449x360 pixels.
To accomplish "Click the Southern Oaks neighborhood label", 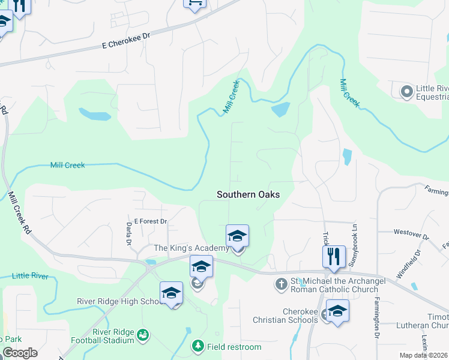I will click(248, 194).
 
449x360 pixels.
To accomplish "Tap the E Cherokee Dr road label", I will click(125, 44).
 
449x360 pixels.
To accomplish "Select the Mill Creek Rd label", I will click(20, 213).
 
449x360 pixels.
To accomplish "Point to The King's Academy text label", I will click(191, 248).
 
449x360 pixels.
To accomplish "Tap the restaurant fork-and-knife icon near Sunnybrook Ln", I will click(334, 256).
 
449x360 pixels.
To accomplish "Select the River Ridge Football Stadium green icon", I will click(142, 335).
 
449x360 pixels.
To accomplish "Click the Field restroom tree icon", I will click(197, 346).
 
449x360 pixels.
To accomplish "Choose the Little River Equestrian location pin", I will click(407, 91).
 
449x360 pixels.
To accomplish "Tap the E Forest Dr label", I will click(150, 221).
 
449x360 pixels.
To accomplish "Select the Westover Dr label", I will click(411, 233).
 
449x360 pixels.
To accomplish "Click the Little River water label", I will click(30, 276).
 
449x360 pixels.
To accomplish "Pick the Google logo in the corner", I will click(20, 353).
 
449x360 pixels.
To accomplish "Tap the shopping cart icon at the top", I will click(194, 3).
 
